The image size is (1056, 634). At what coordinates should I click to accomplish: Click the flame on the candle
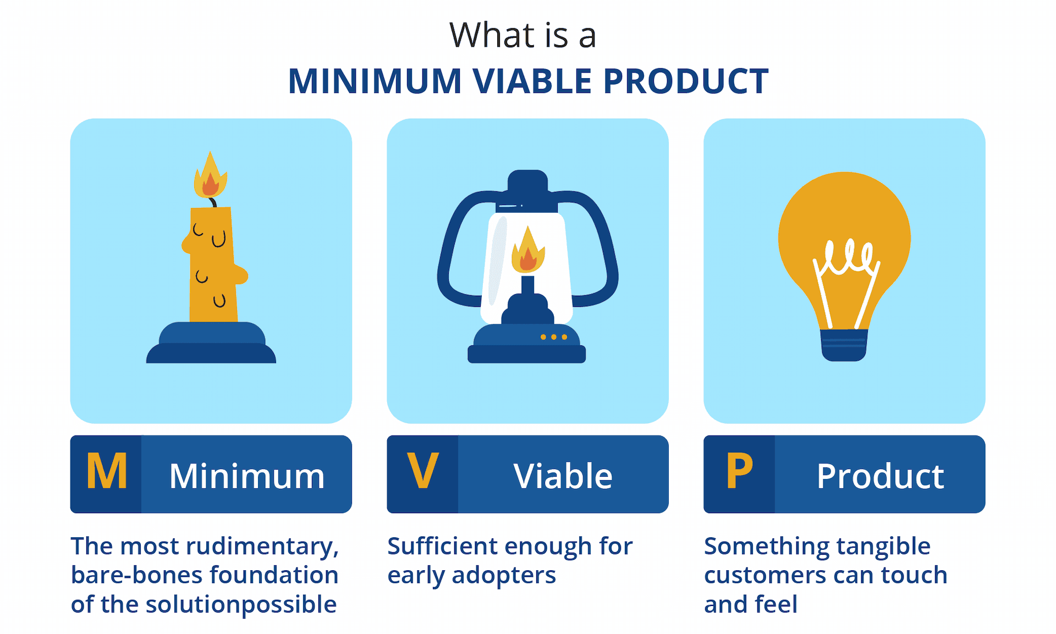(x=210, y=176)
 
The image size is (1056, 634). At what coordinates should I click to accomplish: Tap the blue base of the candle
(x=211, y=343)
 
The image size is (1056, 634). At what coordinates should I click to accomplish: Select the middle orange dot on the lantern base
(x=554, y=337)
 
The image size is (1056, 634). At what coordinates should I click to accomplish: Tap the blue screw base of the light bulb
(x=844, y=345)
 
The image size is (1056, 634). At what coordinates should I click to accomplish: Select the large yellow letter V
(x=423, y=471)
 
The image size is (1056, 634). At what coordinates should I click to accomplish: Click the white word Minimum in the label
(x=247, y=476)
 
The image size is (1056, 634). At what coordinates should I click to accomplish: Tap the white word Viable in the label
(x=563, y=476)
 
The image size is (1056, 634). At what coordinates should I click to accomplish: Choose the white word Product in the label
(x=880, y=476)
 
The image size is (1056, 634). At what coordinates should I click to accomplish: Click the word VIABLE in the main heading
(x=532, y=81)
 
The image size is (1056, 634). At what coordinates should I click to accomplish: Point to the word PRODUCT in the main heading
(x=686, y=81)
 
